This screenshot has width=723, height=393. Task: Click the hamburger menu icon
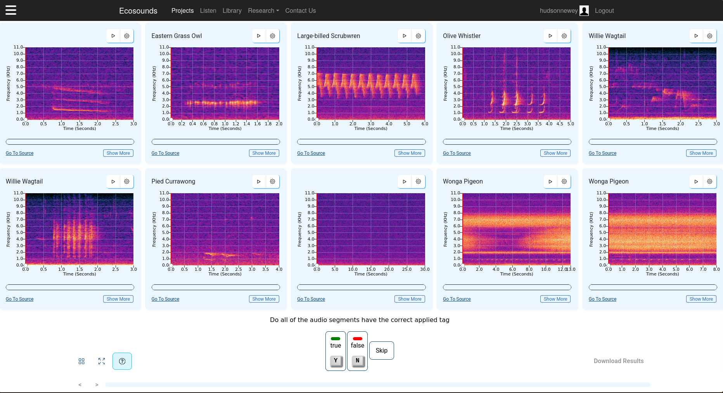pos(11,10)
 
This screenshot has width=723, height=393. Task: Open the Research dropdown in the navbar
pos(263,10)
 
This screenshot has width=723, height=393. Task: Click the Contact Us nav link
pos(300,10)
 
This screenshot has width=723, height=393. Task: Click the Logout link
pos(604,10)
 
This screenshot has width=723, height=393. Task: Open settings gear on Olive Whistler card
pos(564,36)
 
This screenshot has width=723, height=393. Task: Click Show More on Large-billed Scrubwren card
pos(410,153)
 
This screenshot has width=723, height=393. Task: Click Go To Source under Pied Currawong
pos(165,299)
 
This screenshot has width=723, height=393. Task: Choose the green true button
pos(336,351)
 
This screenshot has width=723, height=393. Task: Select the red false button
pos(357,351)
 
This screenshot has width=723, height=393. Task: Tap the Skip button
pos(381,350)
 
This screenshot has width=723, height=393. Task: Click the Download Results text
pos(618,361)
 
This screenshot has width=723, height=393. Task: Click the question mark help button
pos(122,361)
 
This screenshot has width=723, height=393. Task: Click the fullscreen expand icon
pos(102,361)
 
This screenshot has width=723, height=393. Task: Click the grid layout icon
pos(81,361)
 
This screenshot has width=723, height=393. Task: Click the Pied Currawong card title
pos(173,181)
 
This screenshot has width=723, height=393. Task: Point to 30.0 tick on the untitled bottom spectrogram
pos(425,269)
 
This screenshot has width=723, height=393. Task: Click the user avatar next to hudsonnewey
pos(584,10)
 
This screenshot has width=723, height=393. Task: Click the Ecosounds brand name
pos(138,10)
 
